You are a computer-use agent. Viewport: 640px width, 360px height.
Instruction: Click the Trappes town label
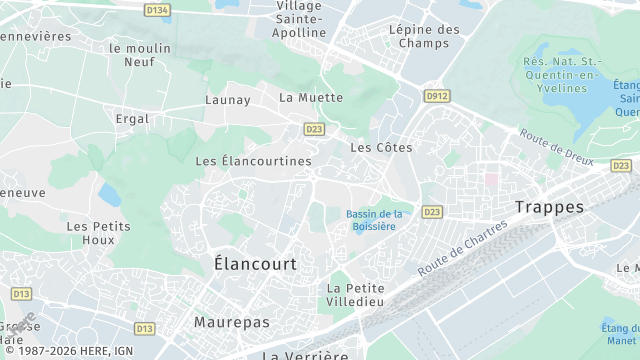pyautogui.click(x=549, y=206)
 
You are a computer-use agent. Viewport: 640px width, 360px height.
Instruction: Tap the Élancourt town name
pyautogui.click(x=255, y=263)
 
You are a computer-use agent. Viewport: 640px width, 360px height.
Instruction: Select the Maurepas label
pyautogui.click(x=232, y=323)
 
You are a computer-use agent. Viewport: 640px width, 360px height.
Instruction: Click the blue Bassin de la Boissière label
pyautogui.click(x=374, y=220)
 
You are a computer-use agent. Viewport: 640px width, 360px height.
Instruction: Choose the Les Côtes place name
pyautogui.click(x=381, y=147)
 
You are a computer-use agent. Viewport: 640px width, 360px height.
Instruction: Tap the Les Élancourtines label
pyautogui.click(x=253, y=160)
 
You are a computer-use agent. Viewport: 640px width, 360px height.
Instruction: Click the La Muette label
pyautogui.click(x=311, y=97)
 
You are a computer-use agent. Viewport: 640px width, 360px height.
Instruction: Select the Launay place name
pyautogui.click(x=226, y=99)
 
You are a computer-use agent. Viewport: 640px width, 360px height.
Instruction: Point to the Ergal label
pyautogui.click(x=132, y=118)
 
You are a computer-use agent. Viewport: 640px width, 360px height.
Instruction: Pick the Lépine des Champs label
pyautogui.click(x=424, y=36)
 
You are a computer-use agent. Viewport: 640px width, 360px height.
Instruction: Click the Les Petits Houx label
pyautogui.click(x=98, y=233)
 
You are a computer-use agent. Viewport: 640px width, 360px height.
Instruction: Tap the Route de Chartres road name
pyautogui.click(x=462, y=248)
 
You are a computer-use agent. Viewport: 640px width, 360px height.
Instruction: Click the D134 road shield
pyautogui.click(x=156, y=9)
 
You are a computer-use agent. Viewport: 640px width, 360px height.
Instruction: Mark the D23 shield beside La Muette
pyautogui.click(x=314, y=128)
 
